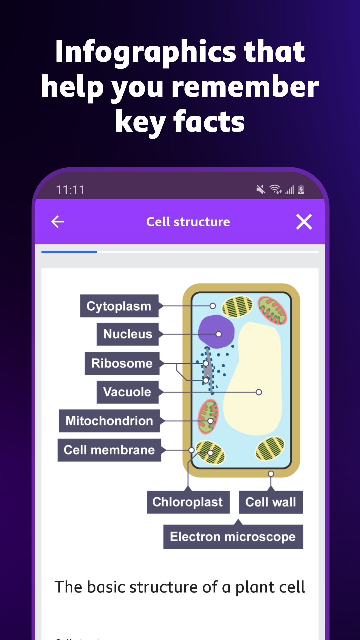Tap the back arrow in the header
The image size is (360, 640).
pyautogui.click(x=58, y=222)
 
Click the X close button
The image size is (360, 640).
pyautogui.click(x=304, y=222)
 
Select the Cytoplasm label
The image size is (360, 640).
pyautogui.click(x=119, y=306)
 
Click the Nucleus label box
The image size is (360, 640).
pyautogui.click(x=128, y=334)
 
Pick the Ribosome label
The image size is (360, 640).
pyautogui.click(x=122, y=363)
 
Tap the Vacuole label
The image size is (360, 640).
pyautogui.click(x=127, y=392)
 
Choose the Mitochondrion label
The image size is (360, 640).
pyautogui.click(x=109, y=421)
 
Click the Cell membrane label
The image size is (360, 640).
pyautogui.click(x=109, y=450)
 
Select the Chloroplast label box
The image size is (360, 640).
pyautogui.click(x=188, y=502)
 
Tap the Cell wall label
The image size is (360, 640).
pyautogui.click(x=271, y=502)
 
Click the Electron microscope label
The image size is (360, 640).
pyautogui.click(x=233, y=537)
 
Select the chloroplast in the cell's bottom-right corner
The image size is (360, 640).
pyautogui.click(x=270, y=449)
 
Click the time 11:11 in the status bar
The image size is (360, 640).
pyautogui.click(x=70, y=190)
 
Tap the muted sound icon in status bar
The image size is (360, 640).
pyautogui.click(x=261, y=190)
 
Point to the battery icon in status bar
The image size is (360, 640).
pyautogui.click(x=301, y=190)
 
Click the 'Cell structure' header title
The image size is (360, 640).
pyautogui.click(x=188, y=222)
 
